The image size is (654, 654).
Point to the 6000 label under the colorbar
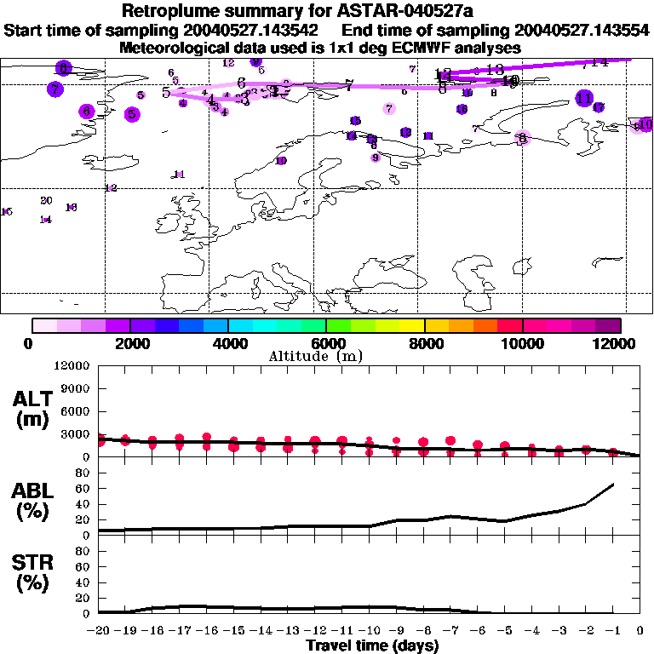pyautogui.click(x=326, y=343)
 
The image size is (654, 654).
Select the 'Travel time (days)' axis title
pyautogui.click(x=372, y=646)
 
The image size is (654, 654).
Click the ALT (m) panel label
pyautogui.click(x=32, y=410)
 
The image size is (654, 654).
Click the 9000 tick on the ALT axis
pyautogui.click(x=75, y=388)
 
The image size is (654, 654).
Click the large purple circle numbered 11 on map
pyautogui.click(x=583, y=99)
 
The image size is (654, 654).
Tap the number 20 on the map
pyautogui.click(x=46, y=200)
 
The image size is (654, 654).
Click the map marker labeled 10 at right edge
pyautogui.click(x=645, y=124)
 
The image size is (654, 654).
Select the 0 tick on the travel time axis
pyautogui.click(x=640, y=631)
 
